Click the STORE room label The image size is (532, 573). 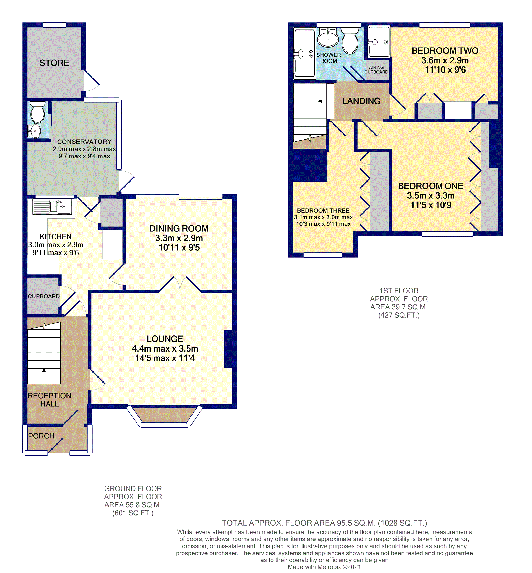click(54, 63)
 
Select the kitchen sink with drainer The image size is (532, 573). click(52, 207)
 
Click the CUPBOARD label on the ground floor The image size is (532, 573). click(43, 296)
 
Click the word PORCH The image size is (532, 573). click(41, 436)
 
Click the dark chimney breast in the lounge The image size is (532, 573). click(229, 348)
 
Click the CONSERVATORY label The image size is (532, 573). click(84, 142)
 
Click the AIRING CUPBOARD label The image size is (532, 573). click(376, 69)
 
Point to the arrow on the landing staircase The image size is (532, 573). click(324, 101)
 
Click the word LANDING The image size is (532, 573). click(361, 101)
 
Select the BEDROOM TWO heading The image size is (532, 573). click(445, 51)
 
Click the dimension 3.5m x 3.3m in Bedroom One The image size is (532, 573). click(430, 195)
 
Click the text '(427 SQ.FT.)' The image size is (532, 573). click(399, 315)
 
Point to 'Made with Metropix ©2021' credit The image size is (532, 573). click(324, 567)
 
